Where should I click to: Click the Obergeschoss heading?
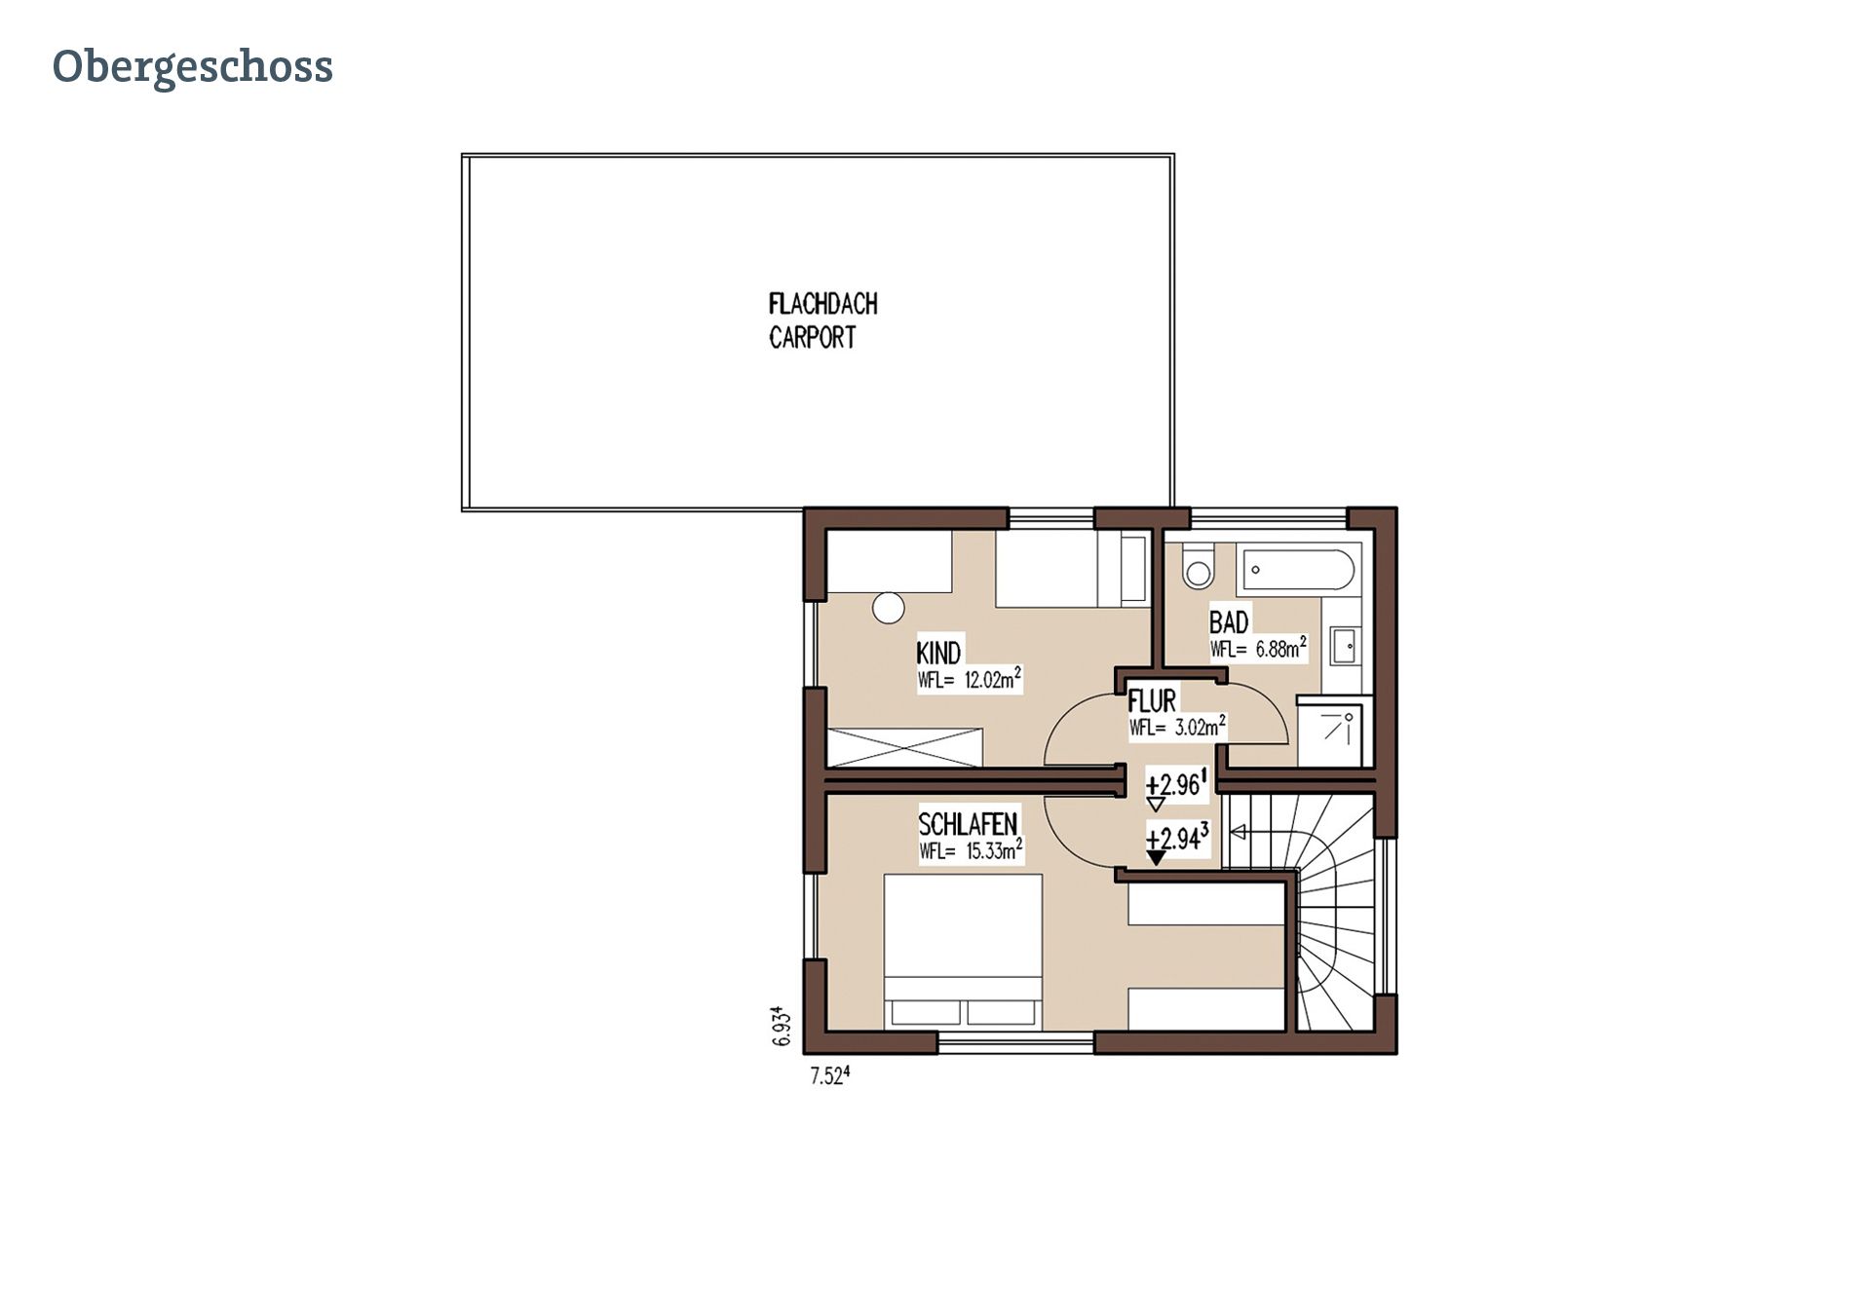(x=193, y=67)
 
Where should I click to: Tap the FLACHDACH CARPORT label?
(x=822, y=320)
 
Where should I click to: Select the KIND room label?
(x=938, y=652)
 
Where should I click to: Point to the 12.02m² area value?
(x=993, y=679)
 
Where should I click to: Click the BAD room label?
(x=1229, y=620)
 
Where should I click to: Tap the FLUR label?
(x=1152, y=699)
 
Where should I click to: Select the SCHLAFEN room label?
(x=968, y=824)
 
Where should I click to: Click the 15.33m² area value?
(x=994, y=850)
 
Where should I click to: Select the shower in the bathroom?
(x=1334, y=731)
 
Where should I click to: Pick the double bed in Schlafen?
(x=963, y=951)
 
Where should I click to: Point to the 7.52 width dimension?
(x=830, y=1076)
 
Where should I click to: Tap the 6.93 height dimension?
(x=781, y=1027)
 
